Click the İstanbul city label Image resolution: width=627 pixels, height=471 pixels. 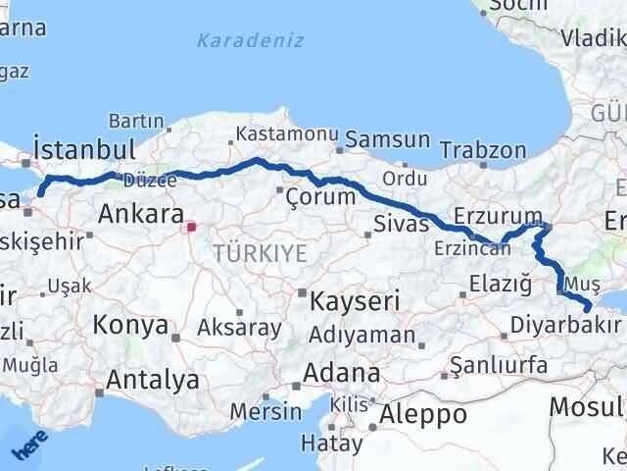pyautogui.click(x=83, y=149)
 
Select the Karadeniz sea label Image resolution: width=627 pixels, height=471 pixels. pyautogui.click(x=250, y=41)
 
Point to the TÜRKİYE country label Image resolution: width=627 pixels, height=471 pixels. pyautogui.click(x=260, y=253)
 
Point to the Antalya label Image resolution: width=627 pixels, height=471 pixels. pyautogui.click(x=153, y=379)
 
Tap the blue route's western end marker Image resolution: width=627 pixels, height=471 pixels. pyautogui.click(x=40, y=192)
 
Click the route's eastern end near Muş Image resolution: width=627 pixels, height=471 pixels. pyautogui.click(x=587, y=308)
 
